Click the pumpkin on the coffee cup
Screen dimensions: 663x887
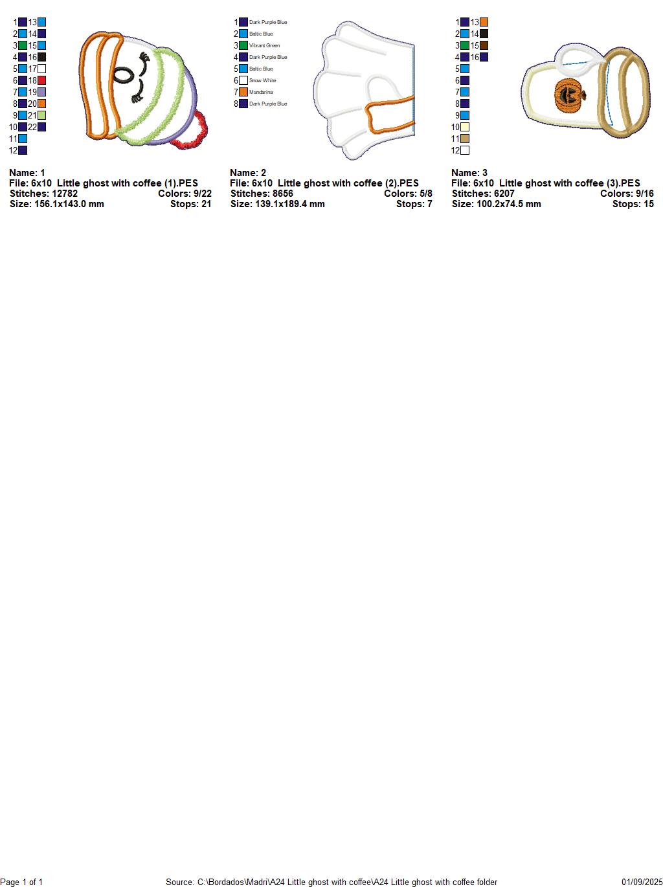tap(570, 95)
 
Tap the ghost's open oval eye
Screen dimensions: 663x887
tap(122, 74)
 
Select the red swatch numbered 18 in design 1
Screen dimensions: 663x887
tap(41, 80)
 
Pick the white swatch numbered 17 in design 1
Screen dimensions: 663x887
tap(41, 69)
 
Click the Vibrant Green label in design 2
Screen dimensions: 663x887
tap(264, 46)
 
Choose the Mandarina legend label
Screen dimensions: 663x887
tap(260, 92)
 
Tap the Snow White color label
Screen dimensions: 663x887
tap(262, 80)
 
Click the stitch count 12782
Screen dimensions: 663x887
tap(62, 194)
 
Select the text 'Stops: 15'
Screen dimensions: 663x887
tap(633, 204)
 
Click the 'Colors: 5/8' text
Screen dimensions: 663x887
tap(408, 194)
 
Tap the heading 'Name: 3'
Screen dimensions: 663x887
tap(469, 173)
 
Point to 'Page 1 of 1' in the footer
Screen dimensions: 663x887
tap(21, 882)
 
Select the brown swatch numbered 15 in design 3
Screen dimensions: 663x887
tap(484, 46)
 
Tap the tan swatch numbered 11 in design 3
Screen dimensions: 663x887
tap(465, 139)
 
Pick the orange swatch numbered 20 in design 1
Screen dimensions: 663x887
tap(41, 104)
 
